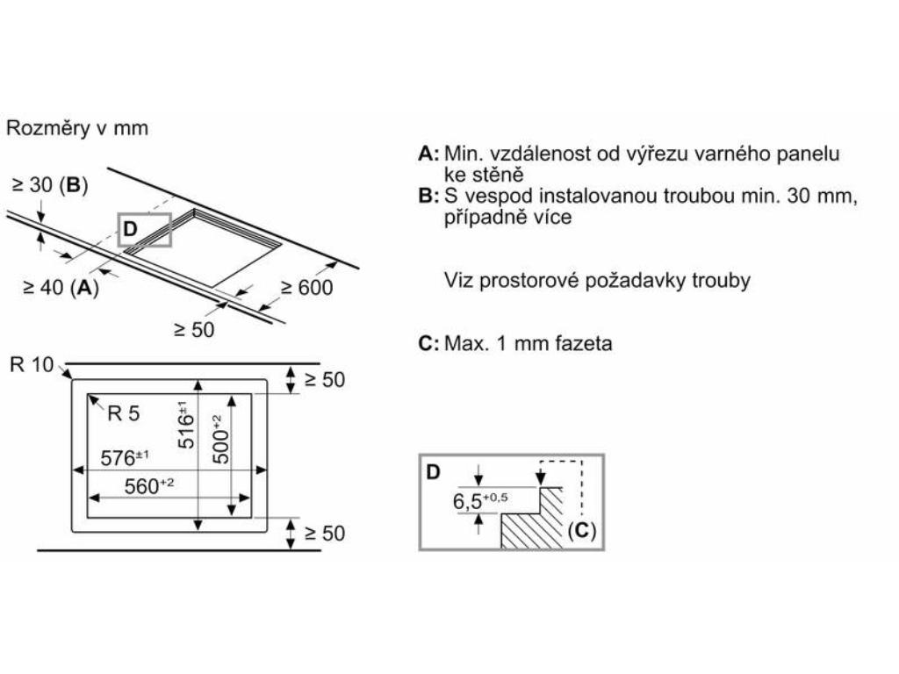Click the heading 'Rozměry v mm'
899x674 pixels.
77,128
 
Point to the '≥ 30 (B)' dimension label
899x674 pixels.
50,185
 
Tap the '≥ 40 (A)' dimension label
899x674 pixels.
61,287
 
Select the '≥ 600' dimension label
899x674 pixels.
306,287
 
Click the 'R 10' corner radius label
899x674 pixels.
32,365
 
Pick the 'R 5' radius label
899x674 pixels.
123,414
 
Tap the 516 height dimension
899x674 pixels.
186,425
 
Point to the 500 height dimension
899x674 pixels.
221,439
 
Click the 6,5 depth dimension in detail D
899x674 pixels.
480,503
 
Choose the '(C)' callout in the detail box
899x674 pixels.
581,530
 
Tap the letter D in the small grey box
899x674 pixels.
130,230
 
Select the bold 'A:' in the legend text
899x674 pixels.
428,154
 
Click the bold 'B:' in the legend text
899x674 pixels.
428,197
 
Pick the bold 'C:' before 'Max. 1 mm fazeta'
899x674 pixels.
428,343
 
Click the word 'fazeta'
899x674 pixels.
582,343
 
